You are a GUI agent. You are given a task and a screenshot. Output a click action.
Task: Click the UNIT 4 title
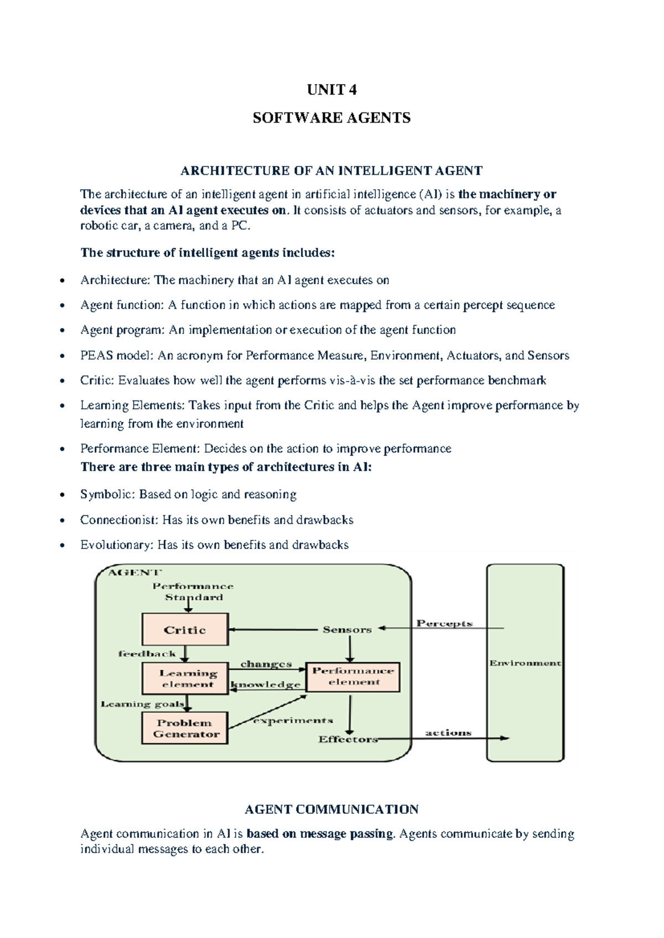tap(331, 90)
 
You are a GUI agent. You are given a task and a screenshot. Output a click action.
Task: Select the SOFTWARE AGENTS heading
tap(331, 118)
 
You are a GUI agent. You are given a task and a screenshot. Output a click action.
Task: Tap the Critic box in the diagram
tap(185, 629)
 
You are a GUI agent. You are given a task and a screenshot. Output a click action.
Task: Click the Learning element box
tap(185, 678)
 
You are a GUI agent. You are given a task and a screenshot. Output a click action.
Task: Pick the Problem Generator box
tap(185, 728)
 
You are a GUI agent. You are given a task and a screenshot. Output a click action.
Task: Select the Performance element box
tap(353, 676)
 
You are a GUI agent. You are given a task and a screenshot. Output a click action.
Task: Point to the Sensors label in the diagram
tap(347, 629)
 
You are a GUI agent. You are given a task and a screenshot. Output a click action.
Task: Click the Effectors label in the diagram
tap(347, 739)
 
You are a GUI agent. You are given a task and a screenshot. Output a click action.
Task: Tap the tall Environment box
tap(525, 663)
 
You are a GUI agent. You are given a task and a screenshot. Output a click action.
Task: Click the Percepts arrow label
tap(444, 623)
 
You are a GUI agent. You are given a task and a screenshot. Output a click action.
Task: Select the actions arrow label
tap(448, 733)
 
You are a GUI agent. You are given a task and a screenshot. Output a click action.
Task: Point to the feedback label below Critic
tap(147, 654)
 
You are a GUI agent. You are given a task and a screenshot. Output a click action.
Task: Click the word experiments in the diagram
tap(293, 721)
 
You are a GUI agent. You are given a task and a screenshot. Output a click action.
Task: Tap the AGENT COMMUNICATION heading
tap(331, 809)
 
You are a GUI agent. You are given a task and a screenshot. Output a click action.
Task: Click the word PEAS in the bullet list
tap(96, 356)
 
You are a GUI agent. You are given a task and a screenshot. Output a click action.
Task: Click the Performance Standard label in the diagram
tap(193, 591)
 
